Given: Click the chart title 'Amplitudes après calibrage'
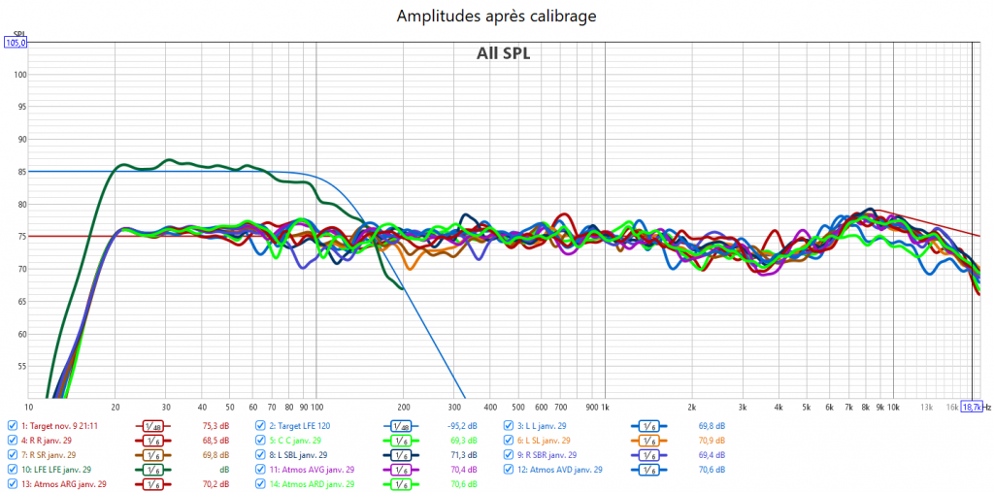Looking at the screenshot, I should click(496, 16).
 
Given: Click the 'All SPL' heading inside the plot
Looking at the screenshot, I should click(503, 53).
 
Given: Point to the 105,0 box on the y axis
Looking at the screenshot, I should click(17, 43).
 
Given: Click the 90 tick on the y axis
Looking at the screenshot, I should click(22, 139).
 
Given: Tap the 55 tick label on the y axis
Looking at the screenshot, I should click(22, 367).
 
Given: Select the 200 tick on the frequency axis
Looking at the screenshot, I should click(403, 407).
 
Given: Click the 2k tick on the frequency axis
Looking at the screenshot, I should click(691, 407).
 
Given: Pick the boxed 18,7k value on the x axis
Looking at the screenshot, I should click(971, 407).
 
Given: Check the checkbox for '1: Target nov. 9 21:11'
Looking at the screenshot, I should click(12, 425).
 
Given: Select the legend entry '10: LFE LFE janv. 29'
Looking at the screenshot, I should click(60, 469).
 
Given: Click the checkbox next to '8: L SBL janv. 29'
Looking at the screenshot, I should click(260, 454).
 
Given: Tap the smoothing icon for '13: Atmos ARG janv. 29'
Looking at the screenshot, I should click(152, 483).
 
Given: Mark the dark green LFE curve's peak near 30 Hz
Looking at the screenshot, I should click(169, 159).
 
